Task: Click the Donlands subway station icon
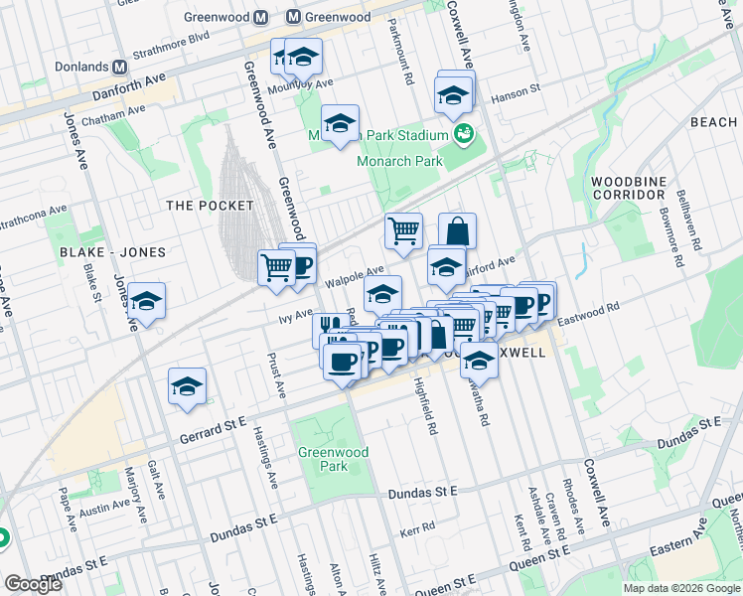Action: click(x=120, y=67)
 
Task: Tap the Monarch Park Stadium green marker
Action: click(x=463, y=134)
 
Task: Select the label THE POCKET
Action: click(x=210, y=206)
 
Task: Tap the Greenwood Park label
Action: click(x=334, y=459)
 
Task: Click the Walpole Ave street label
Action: click(x=355, y=276)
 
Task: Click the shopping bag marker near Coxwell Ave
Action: click(x=457, y=231)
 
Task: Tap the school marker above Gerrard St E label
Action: click(x=187, y=387)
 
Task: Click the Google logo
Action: click(x=33, y=584)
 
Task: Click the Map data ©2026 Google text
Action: click(x=679, y=588)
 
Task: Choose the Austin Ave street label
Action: click(x=105, y=509)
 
